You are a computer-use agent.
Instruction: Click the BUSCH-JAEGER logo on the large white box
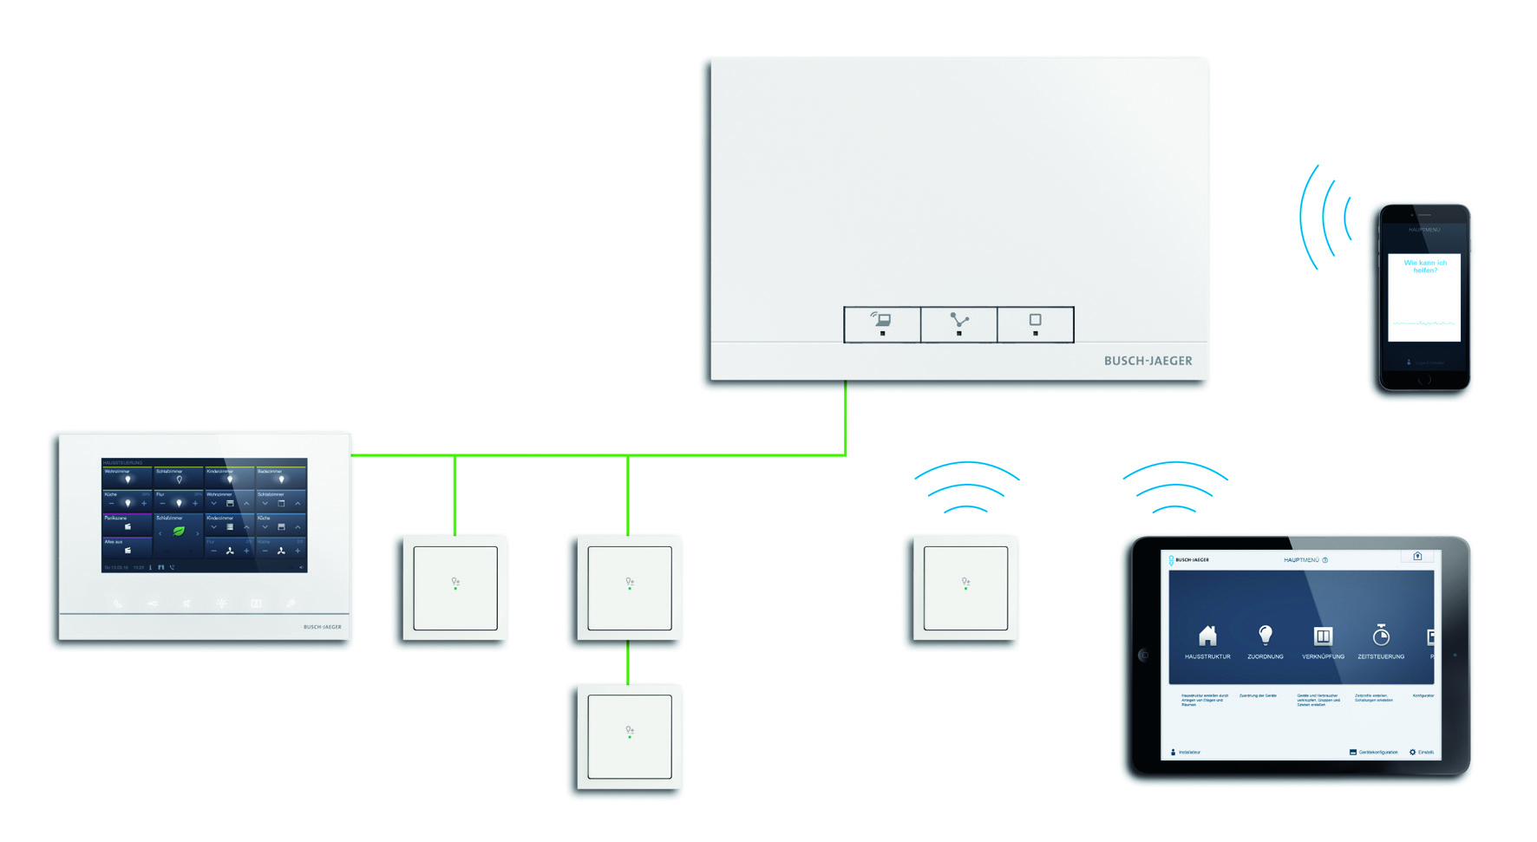1148,361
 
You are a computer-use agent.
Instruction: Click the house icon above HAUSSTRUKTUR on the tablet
1207,636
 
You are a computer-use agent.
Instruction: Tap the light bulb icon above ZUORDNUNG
1266,636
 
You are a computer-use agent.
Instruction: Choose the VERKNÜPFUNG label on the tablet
1323,656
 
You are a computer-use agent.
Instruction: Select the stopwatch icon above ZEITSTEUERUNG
1381,636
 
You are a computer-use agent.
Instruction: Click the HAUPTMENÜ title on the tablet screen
1301,560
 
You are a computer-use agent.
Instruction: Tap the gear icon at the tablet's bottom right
1412,752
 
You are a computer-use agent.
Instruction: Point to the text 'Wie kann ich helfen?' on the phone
1425,266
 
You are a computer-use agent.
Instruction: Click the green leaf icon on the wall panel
179,531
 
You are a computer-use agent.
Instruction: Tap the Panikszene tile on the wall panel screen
127,523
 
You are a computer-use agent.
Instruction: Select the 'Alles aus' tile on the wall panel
127,547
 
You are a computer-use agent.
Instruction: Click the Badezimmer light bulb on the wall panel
281,479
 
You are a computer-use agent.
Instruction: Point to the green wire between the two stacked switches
628,663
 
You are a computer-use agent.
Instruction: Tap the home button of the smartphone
1424,380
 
